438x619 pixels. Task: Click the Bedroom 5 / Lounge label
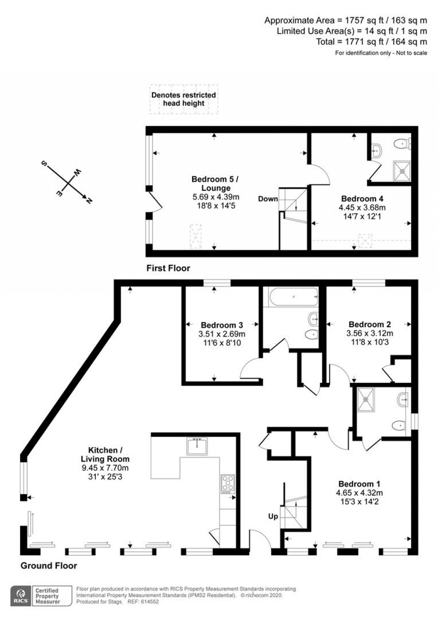pos(215,184)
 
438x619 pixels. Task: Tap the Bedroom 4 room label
pos(362,198)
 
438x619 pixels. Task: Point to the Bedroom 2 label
pos(370,325)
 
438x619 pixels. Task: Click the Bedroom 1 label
pos(359,484)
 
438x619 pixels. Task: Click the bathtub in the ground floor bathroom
pos(293,296)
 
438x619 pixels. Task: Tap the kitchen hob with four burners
pos(228,484)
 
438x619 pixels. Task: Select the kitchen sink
pos(197,446)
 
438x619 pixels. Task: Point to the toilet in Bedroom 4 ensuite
pos(402,144)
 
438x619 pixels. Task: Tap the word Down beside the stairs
pos(268,199)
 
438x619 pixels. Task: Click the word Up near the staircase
pos(273,516)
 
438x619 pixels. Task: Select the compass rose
pos(67,183)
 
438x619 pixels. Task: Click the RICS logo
pos(21,595)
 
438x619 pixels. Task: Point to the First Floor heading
pos(168,268)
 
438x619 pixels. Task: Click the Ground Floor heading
pos(49,566)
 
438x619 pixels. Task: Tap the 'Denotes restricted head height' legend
pos(183,99)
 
